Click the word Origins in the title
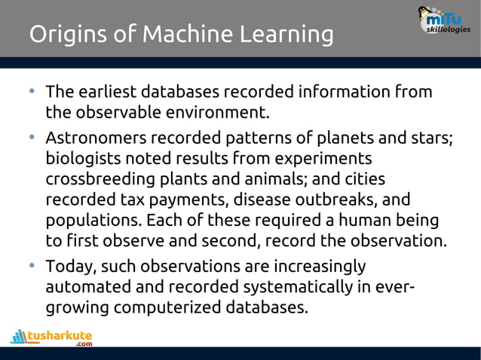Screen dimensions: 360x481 (x=66, y=35)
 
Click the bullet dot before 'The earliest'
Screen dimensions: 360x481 (x=32, y=92)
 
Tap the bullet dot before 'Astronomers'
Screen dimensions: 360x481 (x=32, y=138)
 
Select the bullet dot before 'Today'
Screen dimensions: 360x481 (x=32, y=266)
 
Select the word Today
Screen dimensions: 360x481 (x=70, y=267)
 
